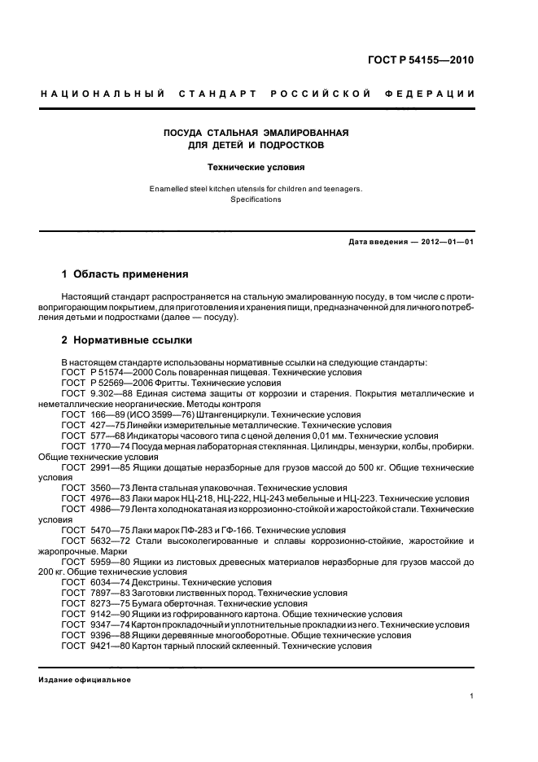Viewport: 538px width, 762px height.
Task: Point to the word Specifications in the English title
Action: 256,199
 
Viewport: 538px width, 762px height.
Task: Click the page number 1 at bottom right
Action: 472,696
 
